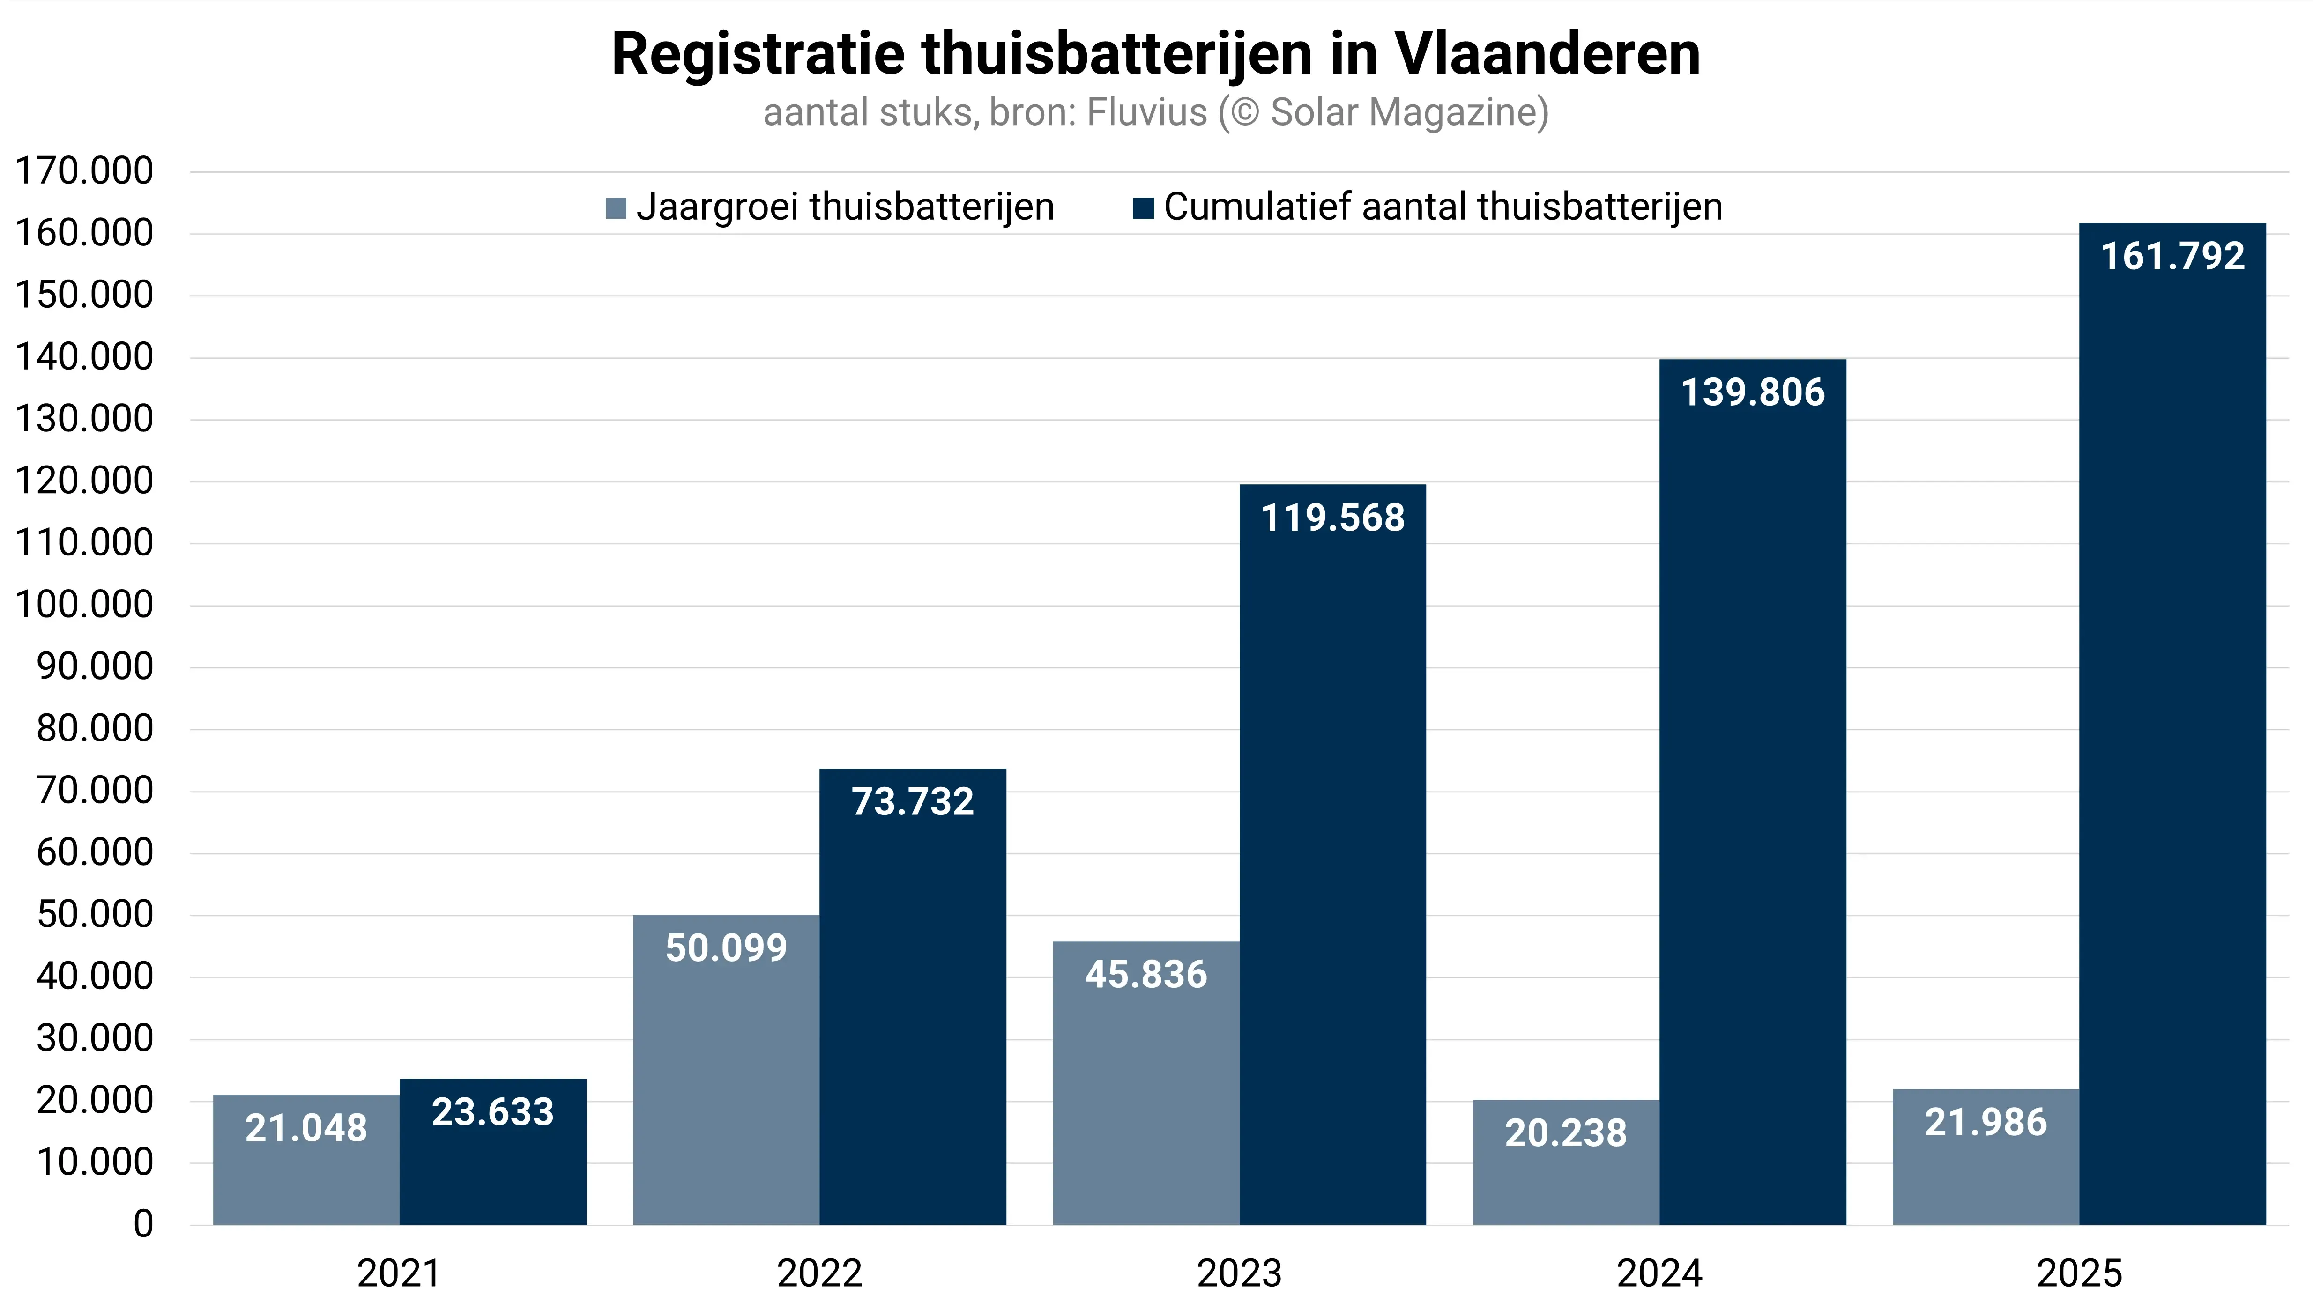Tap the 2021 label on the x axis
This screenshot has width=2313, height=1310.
[399, 1273]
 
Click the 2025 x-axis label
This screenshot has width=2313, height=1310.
[2079, 1273]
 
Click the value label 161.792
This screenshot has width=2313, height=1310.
[2172, 256]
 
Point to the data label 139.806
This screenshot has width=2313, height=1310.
[1752, 393]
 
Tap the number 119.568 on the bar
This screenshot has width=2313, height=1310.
[1332, 518]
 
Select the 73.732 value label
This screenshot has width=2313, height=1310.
[913, 802]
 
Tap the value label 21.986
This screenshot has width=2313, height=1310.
[1986, 1123]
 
